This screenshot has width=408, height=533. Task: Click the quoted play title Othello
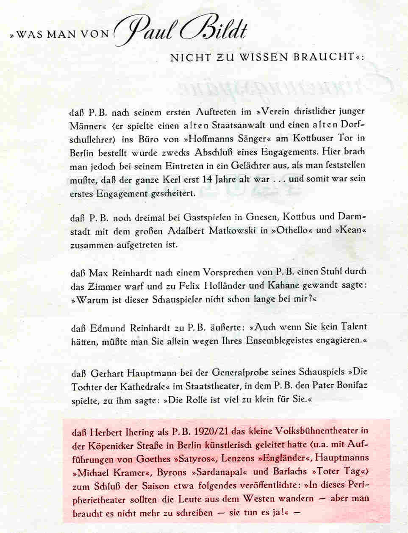293,231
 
